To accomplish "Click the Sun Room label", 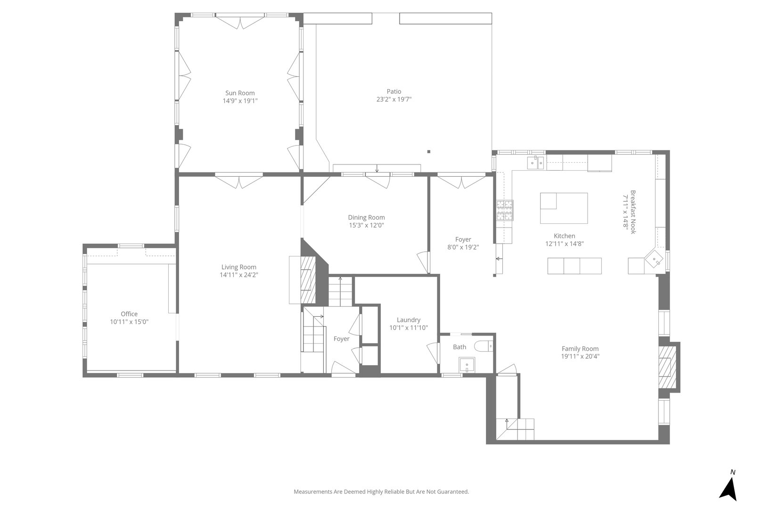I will pos(240,93).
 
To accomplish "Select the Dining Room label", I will pos(366,217).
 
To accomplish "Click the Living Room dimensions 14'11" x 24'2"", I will pos(239,275).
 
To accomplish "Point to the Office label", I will pos(129,314).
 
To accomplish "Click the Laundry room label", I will pos(408,320).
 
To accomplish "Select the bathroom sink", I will pos(467,365).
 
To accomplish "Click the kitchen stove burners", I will pos(504,211).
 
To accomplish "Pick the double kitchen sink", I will pos(536,163).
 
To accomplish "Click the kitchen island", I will pos(564,208).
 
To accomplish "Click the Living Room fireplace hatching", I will pos(308,279).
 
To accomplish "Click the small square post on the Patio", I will pos(428,152).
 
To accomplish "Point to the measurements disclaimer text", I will pos(381,492).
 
